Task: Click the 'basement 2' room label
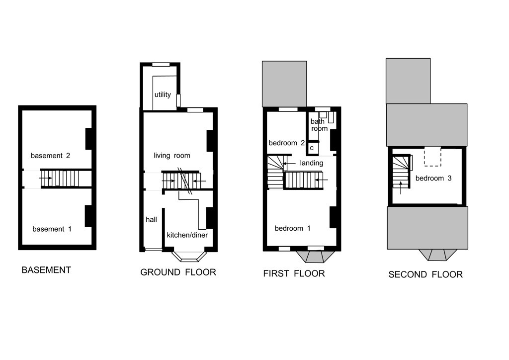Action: (50, 156)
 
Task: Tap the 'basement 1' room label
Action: (52, 229)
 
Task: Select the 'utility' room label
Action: (163, 94)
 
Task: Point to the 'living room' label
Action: (171, 156)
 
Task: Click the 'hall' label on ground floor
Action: (151, 219)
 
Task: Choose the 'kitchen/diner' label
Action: (187, 235)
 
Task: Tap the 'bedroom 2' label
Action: (287, 143)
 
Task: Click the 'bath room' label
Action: (319, 125)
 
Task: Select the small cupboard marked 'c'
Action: (312, 148)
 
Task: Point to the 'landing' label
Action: (311, 163)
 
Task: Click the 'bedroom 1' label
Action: (292, 228)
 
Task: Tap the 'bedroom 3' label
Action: (433, 178)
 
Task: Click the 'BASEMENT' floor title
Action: (46, 270)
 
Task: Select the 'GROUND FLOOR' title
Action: (178, 272)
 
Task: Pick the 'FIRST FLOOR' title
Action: (294, 273)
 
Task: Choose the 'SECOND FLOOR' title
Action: (425, 274)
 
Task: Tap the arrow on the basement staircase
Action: (45, 178)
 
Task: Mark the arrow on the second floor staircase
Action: (401, 188)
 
